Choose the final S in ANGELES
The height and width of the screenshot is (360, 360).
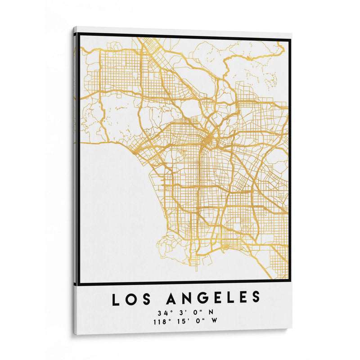point(256,297)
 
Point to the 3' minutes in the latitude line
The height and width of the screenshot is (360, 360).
point(182,312)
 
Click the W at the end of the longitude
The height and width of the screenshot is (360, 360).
point(214,321)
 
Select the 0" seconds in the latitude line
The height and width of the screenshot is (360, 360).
point(196,312)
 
